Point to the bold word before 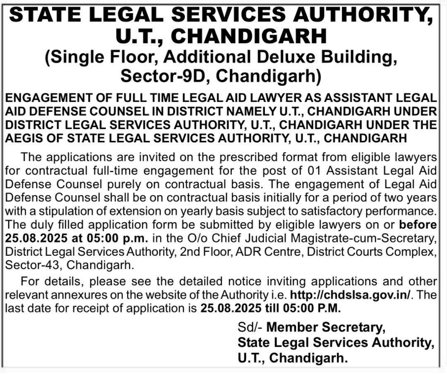point(418,225)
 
